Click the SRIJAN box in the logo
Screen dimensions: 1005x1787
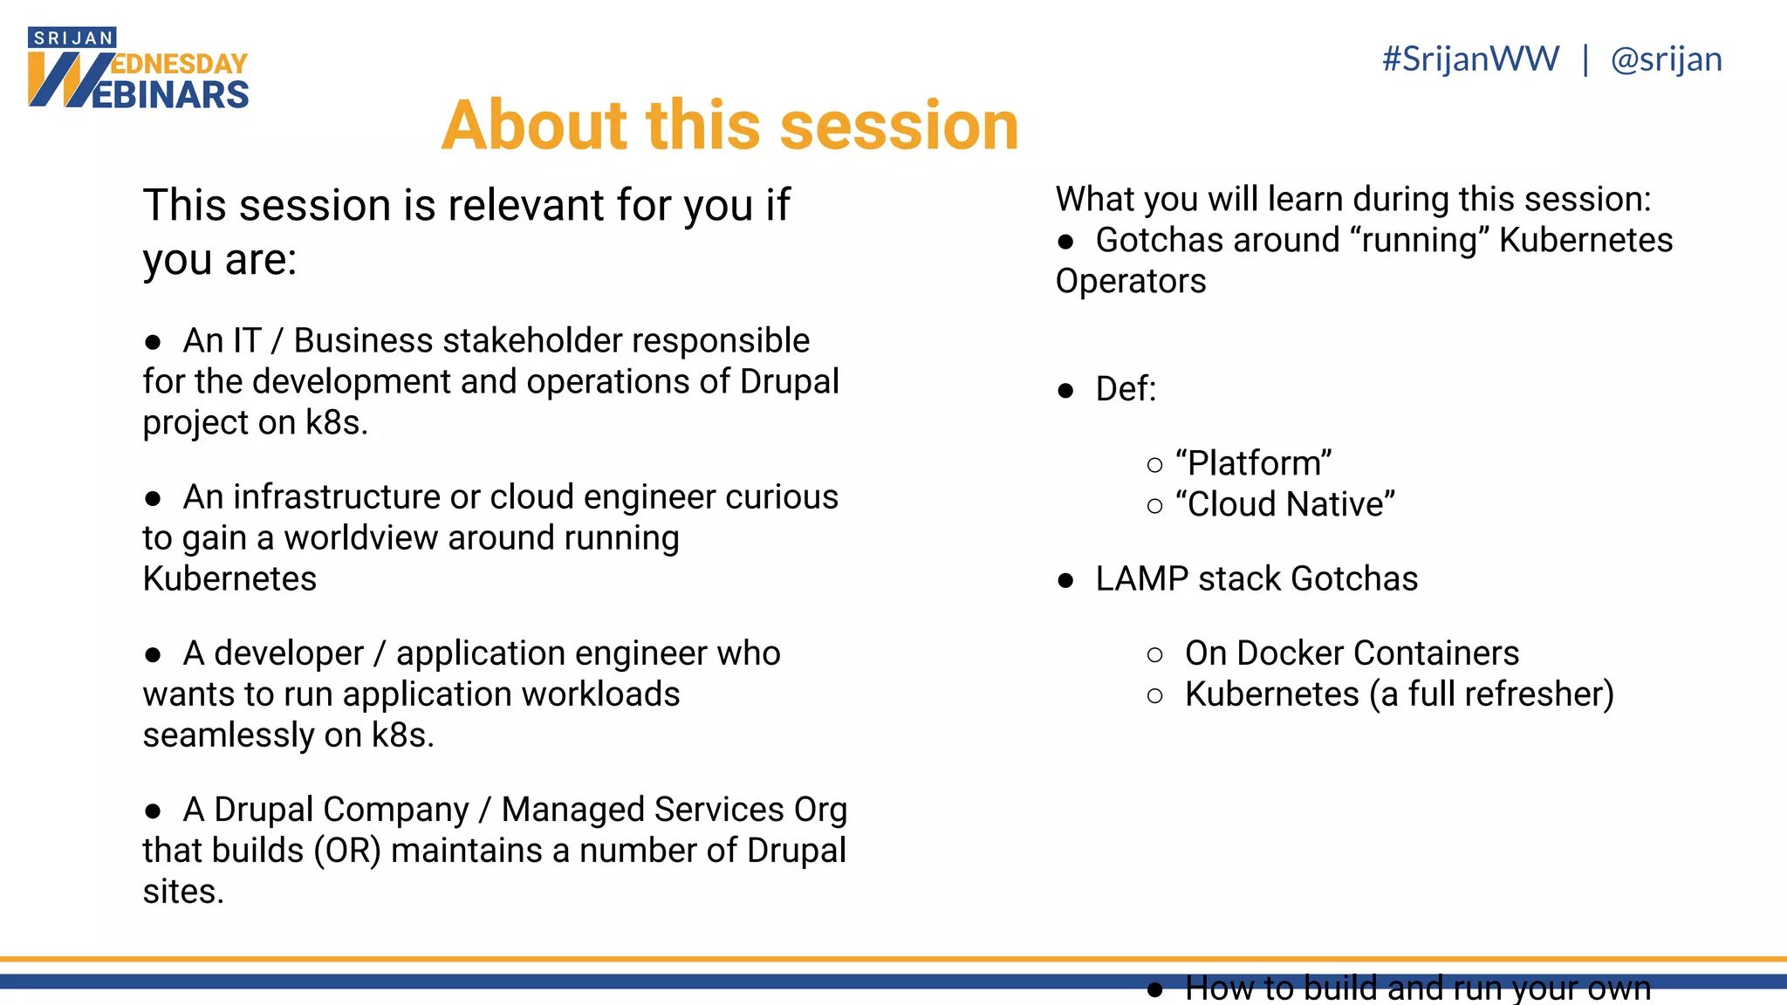(x=72, y=38)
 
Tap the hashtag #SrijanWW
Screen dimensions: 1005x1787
(x=1470, y=59)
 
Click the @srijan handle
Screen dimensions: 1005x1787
(x=1666, y=59)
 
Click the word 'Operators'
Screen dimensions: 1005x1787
(x=1131, y=281)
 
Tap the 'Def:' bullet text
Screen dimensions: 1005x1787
(x=1126, y=389)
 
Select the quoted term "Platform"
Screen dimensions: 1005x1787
(x=1253, y=463)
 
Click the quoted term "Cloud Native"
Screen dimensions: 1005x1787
(x=1285, y=504)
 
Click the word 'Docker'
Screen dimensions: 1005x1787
(x=1290, y=653)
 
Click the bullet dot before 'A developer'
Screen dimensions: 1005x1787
(x=154, y=654)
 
